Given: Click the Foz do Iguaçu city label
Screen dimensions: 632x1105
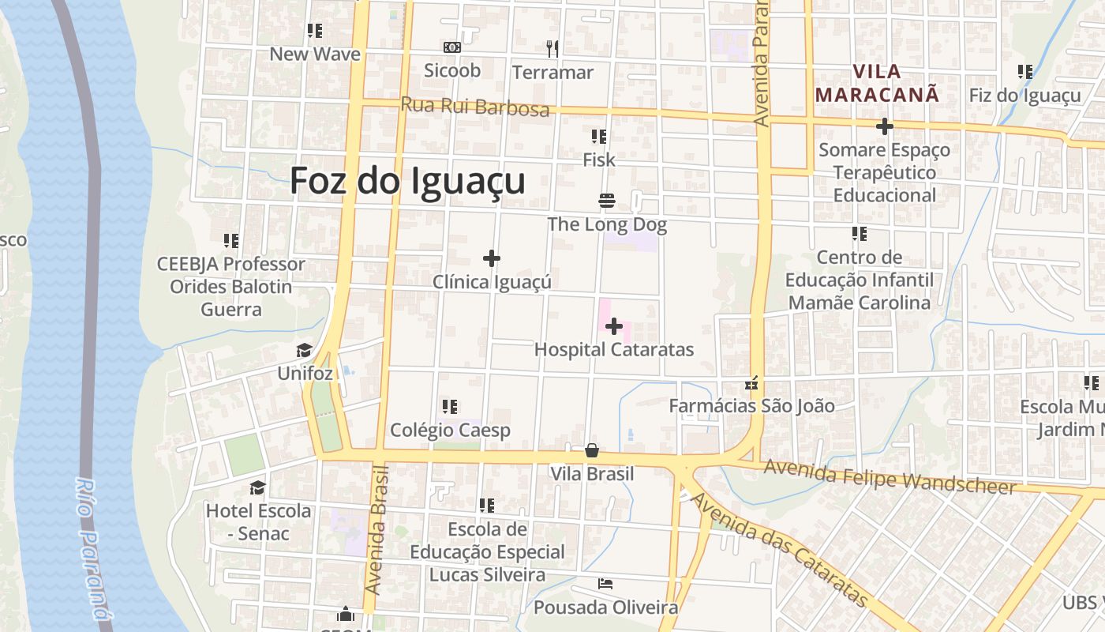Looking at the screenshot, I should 407,181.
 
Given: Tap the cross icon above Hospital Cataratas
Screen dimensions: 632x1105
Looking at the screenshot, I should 614,326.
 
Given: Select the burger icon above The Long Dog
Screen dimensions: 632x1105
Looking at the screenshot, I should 607,201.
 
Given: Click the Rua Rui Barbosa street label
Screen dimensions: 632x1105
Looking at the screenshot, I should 474,106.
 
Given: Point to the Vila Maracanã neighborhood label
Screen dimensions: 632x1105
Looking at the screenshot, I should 878,83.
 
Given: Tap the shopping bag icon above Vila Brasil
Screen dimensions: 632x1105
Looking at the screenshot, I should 592,450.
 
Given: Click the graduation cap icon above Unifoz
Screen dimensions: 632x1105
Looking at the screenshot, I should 304,350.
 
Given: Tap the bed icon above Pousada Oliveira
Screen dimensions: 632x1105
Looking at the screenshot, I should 605,584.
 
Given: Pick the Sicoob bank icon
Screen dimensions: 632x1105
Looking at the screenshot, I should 452,47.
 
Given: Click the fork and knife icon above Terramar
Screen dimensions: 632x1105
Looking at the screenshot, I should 552,49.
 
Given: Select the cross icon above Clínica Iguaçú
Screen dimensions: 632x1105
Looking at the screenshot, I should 492,258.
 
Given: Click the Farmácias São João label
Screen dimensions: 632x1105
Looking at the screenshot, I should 751,406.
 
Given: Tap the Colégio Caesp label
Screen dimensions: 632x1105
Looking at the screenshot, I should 450,431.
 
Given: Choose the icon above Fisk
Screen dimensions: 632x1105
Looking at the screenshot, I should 598,137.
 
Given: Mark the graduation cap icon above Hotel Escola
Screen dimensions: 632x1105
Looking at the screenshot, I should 257,487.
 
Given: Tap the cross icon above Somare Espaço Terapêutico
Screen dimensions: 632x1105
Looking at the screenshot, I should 885,126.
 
